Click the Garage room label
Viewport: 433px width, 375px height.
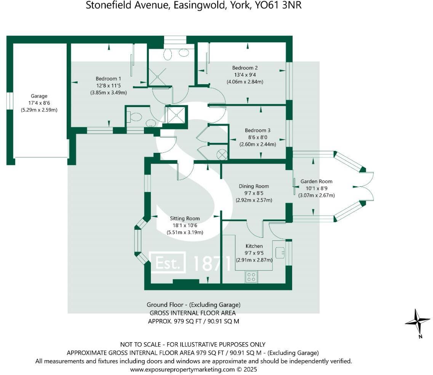pyautogui.click(x=39, y=96)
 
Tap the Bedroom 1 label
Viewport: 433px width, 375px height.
pyautogui.click(x=108, y=79)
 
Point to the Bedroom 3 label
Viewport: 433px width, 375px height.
pyautogui.click(x=257, y=130)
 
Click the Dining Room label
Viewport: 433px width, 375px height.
pyautogui.click(x=254, y=186)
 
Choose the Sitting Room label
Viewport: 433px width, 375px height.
pyautogui.click(x=185, y=218)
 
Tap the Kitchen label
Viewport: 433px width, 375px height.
pyautogui.click(x=253, y=246)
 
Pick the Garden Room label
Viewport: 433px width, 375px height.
pyautogui.click(x=316, y=182)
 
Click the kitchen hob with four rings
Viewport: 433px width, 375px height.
pyautogui.click(x=251, y=276)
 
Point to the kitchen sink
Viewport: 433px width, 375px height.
pyautogui.click(x=281, y=252)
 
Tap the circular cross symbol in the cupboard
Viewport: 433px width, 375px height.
pyautogui.click(x=221, y=154)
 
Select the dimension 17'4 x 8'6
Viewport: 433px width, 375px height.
pyautogui.click(x=39, y=103)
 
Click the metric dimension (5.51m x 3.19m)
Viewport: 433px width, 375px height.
pyautogui.click(x=185, y=232)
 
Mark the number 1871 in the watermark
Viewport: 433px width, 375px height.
pyautogui.click(x=212, y=263)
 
